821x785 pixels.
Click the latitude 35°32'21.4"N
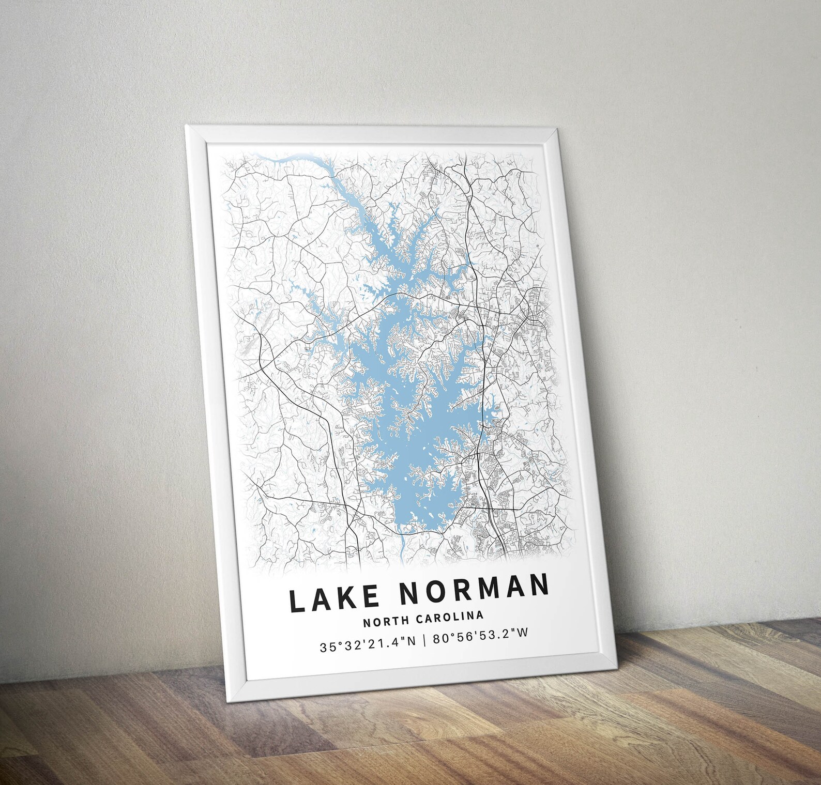(x=368, y=646)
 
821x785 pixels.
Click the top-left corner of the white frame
(x=186, y=126)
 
